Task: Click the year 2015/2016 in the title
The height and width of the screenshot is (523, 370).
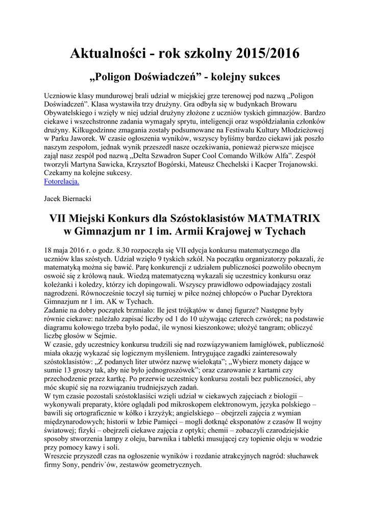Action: pyautogui.click(x=267, y=53)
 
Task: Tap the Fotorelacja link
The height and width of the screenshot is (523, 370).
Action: pyautogui.click(x=61, y=181)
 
